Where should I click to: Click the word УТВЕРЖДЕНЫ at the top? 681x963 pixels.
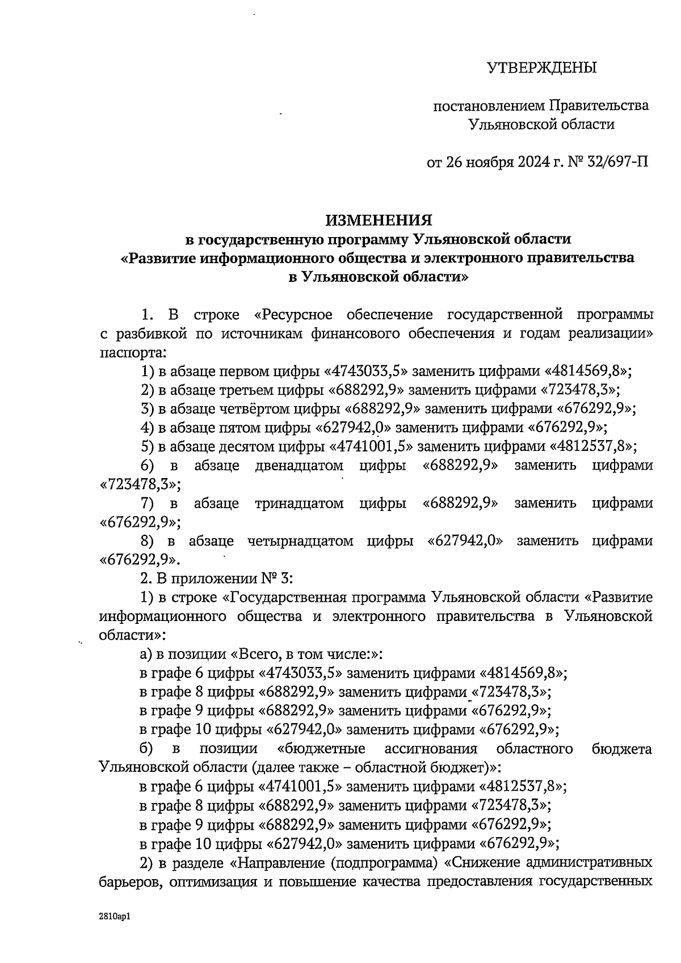tap(542, 68)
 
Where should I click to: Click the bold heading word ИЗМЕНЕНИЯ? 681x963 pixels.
tap(379, 220)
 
